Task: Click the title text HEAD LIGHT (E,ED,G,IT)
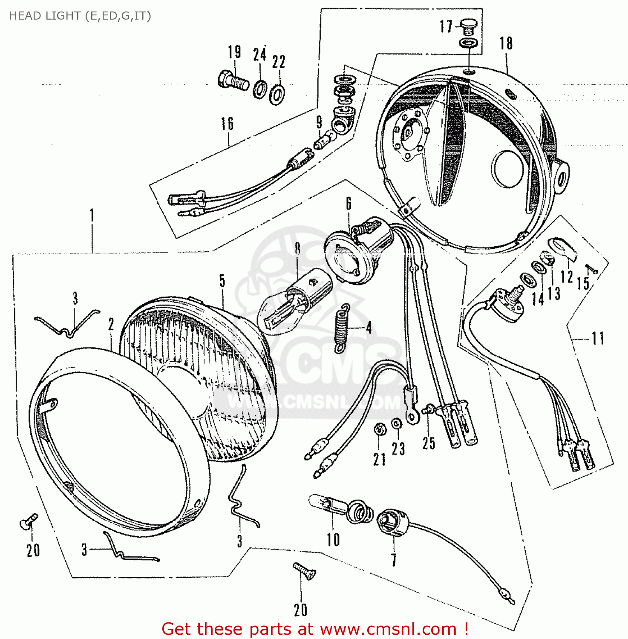coord(80,16)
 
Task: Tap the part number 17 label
coord(446,26)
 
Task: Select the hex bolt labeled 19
coord(233,81)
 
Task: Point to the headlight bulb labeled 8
coord(290,302)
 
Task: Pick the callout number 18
coord(506,43)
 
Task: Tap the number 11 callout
coord(598,339)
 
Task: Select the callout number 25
coord(429,443)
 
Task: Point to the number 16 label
coord(227,124)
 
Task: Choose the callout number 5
coord(222,281)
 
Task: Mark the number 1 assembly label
coord(92,216)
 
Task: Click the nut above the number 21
coord(379,429)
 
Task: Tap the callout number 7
coord(394,559)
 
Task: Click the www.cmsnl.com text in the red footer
coord(388,629)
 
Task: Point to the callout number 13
coord(554,293)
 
